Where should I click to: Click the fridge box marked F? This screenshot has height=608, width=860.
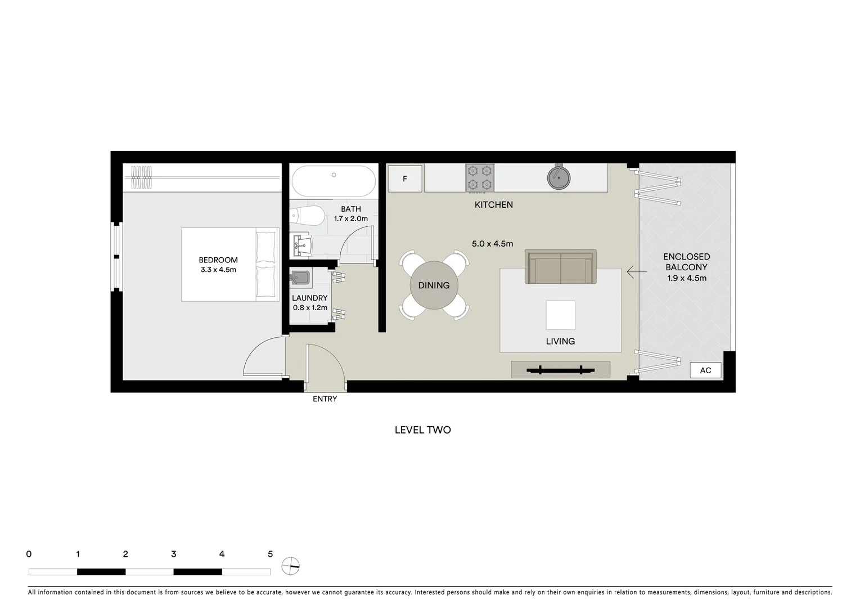405,179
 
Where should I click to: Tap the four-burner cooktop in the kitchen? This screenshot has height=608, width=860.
480,178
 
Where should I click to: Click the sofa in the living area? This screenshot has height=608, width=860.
560,267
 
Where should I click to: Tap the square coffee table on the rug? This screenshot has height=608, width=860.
560,315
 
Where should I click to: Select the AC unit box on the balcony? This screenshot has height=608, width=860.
705,370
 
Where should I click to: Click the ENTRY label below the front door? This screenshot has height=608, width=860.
325,399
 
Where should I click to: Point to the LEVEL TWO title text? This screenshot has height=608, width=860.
422,430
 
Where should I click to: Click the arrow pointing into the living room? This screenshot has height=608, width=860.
637,272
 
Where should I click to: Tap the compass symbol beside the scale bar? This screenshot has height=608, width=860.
291,566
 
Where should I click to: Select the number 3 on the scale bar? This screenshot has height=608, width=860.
173,554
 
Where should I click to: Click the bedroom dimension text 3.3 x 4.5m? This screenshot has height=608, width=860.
218,270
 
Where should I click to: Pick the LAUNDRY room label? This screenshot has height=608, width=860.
309,298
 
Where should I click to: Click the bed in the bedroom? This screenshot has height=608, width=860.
230,265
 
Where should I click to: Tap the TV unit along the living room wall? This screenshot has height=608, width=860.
560,370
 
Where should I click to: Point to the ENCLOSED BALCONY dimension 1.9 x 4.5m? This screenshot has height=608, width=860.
686,278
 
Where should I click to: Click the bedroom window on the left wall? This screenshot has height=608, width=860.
116,257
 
